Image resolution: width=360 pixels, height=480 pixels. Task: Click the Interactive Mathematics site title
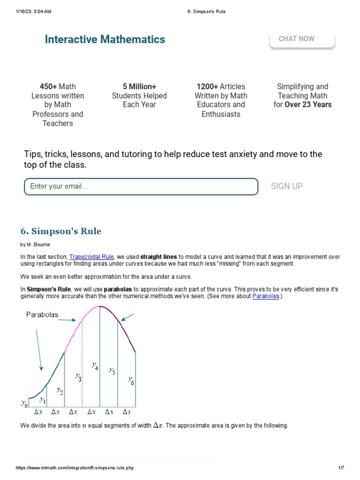click(105, 39)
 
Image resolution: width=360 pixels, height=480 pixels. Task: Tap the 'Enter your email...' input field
click(141, 187)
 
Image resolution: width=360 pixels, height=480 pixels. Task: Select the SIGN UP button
click(287, 186)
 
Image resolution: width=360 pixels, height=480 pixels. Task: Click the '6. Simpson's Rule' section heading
click(61, 231)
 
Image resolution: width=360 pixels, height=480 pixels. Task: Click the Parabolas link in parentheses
click(266, 296)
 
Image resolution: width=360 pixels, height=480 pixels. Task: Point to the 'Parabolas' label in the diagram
click(42, 315)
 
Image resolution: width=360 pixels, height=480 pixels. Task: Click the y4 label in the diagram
click(95, 366)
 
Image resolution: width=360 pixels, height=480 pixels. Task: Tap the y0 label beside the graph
click(24, 403)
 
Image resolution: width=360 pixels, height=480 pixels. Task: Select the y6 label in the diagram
click(131, 380)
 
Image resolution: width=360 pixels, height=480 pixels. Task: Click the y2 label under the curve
click(60, 390)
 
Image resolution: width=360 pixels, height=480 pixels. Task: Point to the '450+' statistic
click(48, 87)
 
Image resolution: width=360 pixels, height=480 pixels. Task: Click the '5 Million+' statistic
click(139, 87)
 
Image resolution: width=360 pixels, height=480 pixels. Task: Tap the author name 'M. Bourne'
click(40, 245)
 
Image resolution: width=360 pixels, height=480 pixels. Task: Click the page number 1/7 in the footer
click(341, 468)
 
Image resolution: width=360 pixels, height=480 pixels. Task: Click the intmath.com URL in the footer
click(75, 468)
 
